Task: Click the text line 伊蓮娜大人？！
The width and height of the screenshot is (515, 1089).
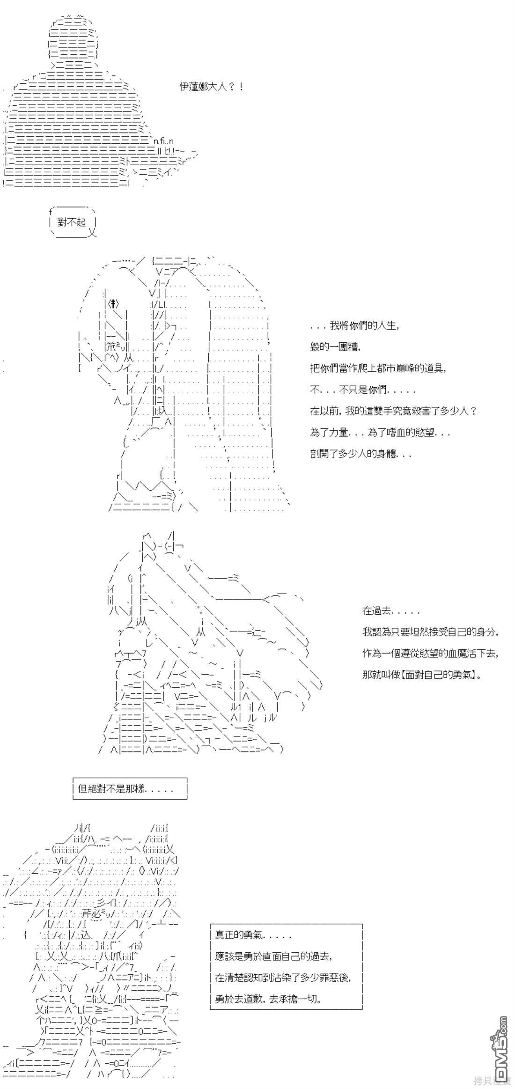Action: pyautogui.click(x=211, y=87)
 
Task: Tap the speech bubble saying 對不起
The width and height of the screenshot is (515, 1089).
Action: pyautogui.click(x=72, y=222)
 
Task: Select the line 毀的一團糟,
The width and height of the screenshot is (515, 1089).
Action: pyautogui.click(x=336, y=347)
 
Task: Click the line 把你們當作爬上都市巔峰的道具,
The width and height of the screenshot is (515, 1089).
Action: pyautogui.click(x=378, y=368)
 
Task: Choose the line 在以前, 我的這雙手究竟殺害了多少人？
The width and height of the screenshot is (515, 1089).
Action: pyautogui.click(x=393, y=411)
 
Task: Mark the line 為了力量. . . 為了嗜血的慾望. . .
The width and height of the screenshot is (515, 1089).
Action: pyautogui.click(x=380, y=433)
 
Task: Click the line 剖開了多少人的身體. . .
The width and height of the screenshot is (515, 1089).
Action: pyautogui.click(x=360, y=454)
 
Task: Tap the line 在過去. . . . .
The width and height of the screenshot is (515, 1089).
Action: pyautogui.click(x=391, y=611)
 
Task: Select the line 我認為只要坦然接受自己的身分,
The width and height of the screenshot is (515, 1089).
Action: pyautogui.click(x=430, y=632)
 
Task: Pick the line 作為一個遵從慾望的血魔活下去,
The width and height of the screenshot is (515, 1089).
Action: pyautogui.click(x=430, y=654)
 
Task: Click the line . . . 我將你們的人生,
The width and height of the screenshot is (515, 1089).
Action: pyautogui.click(x=355, y=325)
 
